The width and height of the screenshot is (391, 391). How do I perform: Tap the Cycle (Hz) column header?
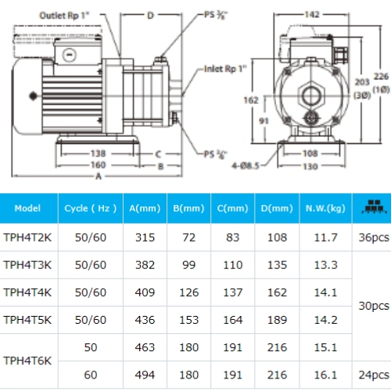tap(90, 209)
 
